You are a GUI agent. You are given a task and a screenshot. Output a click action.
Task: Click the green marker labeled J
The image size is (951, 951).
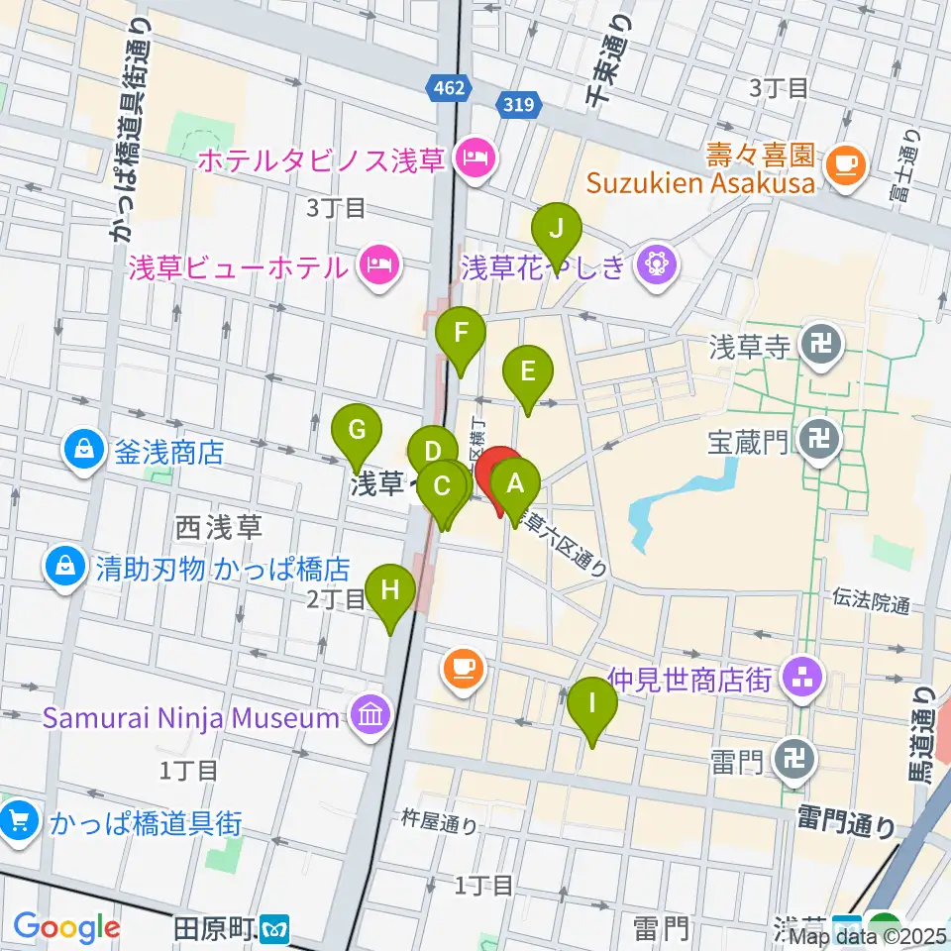557,230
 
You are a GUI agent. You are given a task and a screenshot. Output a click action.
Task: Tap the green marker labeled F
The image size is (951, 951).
461,335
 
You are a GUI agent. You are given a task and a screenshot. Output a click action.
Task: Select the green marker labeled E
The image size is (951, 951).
527,372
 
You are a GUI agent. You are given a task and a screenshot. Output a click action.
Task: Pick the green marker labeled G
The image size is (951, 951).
358,431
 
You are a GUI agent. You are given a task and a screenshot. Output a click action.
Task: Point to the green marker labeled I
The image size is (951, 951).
593,705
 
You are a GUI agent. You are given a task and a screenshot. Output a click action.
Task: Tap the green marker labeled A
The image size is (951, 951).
514,485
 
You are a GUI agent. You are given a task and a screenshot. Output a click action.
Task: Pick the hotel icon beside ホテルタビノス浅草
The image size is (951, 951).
474,156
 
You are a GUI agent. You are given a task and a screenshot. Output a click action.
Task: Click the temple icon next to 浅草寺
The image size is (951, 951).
821,346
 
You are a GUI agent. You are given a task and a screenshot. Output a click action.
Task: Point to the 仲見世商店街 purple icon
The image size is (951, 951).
798,679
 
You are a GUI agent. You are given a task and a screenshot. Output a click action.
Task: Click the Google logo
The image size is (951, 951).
67,928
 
